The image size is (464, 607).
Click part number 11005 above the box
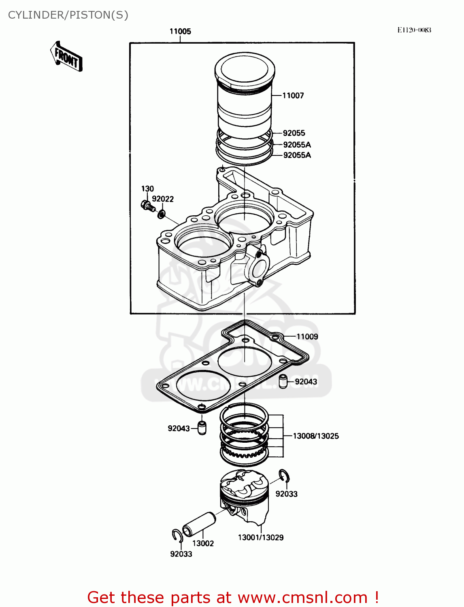pyautogui.click(x=180, y=32)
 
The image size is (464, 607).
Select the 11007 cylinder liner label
pyautogui.click(x=293, y=96)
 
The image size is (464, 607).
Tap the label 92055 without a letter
pyautogui.click(x=294, y=133)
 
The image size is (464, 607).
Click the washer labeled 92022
pyautogui.click(x=161, y=214)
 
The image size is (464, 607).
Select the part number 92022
pyautogui.click(x=163, y=199)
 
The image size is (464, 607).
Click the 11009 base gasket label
pyautogui.click(x=307, y=337)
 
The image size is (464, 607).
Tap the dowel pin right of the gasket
pyautogui.click(x=283, y=381)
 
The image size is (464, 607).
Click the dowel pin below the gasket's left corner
pyautogui.click(x=202, y=428)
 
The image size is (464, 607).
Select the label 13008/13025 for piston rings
pyautogui.click(x=316, y=436)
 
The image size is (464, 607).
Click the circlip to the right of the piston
pyautogui.click(x=284, y=476)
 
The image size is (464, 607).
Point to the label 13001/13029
pyautogui.click(x=261, y=537)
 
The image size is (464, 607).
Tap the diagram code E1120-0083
pyautogui.click(x=414, y=30)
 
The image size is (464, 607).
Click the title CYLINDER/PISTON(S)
pyautogui.click(x=68, y=15)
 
